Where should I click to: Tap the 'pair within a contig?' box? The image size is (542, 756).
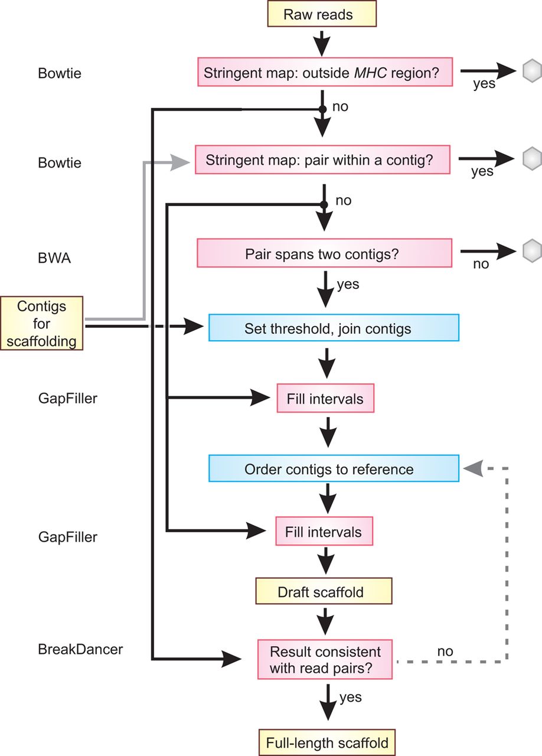(323, 160)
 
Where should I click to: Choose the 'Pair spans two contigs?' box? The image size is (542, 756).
(324, 254)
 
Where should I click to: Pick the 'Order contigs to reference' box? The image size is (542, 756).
(334, 470)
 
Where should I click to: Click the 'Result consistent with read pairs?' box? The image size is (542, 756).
(325, 660)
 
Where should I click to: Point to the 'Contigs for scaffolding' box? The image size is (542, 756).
(41, 323)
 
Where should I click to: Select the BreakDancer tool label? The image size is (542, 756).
(80, 649)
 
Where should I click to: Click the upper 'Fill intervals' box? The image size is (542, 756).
(325, 399)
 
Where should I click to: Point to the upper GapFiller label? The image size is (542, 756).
(67, 398)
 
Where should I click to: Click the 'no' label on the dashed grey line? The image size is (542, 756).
(445, 651)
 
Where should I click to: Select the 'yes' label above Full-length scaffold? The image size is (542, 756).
(350, 697)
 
